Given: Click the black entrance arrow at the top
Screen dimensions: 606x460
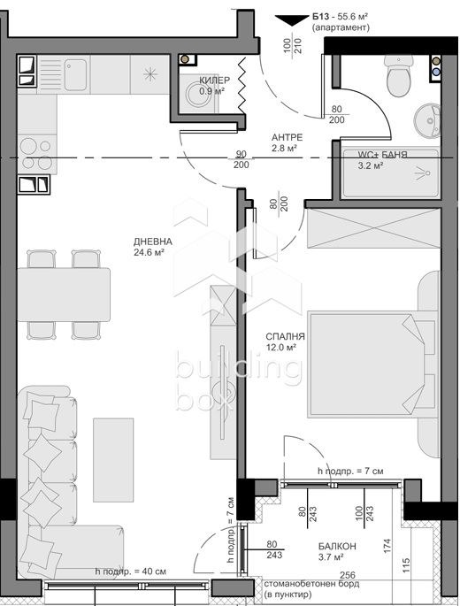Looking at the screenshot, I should tap(289, 19).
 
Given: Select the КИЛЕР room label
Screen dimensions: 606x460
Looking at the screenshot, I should tap(215, 80).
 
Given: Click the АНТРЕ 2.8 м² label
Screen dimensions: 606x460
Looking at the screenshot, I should tap(287, 142).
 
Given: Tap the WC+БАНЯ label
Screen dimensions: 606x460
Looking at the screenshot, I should tap(383, 155).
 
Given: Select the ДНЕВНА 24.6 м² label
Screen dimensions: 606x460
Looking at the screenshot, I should tap(149, 246).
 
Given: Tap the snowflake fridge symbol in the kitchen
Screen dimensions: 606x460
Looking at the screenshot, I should tap(149, 72).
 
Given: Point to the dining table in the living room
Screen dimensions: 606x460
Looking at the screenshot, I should tap(64, 295).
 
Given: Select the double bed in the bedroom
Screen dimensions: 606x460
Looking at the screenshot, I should tap(372, 363).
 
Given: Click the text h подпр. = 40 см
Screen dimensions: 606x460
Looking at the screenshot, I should tap(131, 571).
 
